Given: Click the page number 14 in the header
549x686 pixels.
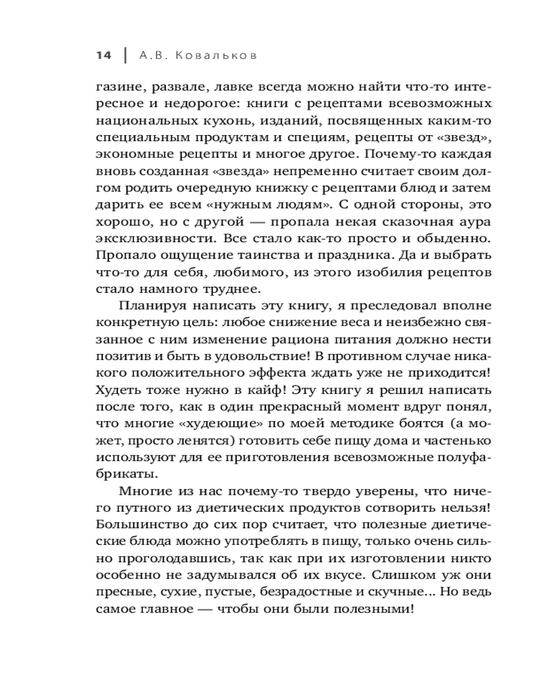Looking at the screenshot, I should click(x=103, y=56).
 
